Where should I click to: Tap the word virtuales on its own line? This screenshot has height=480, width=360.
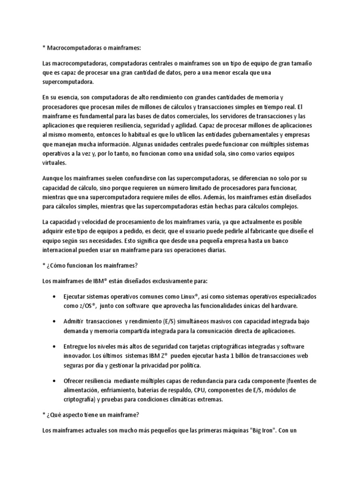[54, 164]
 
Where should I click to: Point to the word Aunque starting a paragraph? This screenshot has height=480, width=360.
[53, 179]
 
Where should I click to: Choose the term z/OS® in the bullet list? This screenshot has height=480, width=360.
[88, 306]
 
